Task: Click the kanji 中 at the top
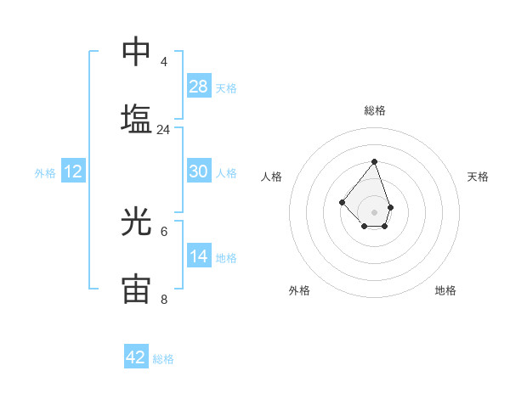click(136, 51)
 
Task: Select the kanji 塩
click(136, 118)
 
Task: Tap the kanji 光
click(136, 222)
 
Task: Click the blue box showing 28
click(198, 86)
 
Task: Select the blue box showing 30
click(198, 171)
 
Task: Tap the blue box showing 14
click(198, 256)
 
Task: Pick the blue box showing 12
click(73, 171)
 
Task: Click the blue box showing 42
click(136, 357)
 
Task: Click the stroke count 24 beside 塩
click(163, 130)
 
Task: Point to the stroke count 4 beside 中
click(163, 62)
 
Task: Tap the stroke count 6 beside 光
click(163, 231)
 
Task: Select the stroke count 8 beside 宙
click(163, 300)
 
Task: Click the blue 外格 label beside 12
click(45, 172)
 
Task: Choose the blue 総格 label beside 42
click(163, 358)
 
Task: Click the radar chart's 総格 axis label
click(374, 110)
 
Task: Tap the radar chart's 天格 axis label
click(478, 177)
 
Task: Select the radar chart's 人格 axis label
click(272, 177)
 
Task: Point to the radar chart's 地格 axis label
click(445, 290)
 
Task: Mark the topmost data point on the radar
click(374, 161)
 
